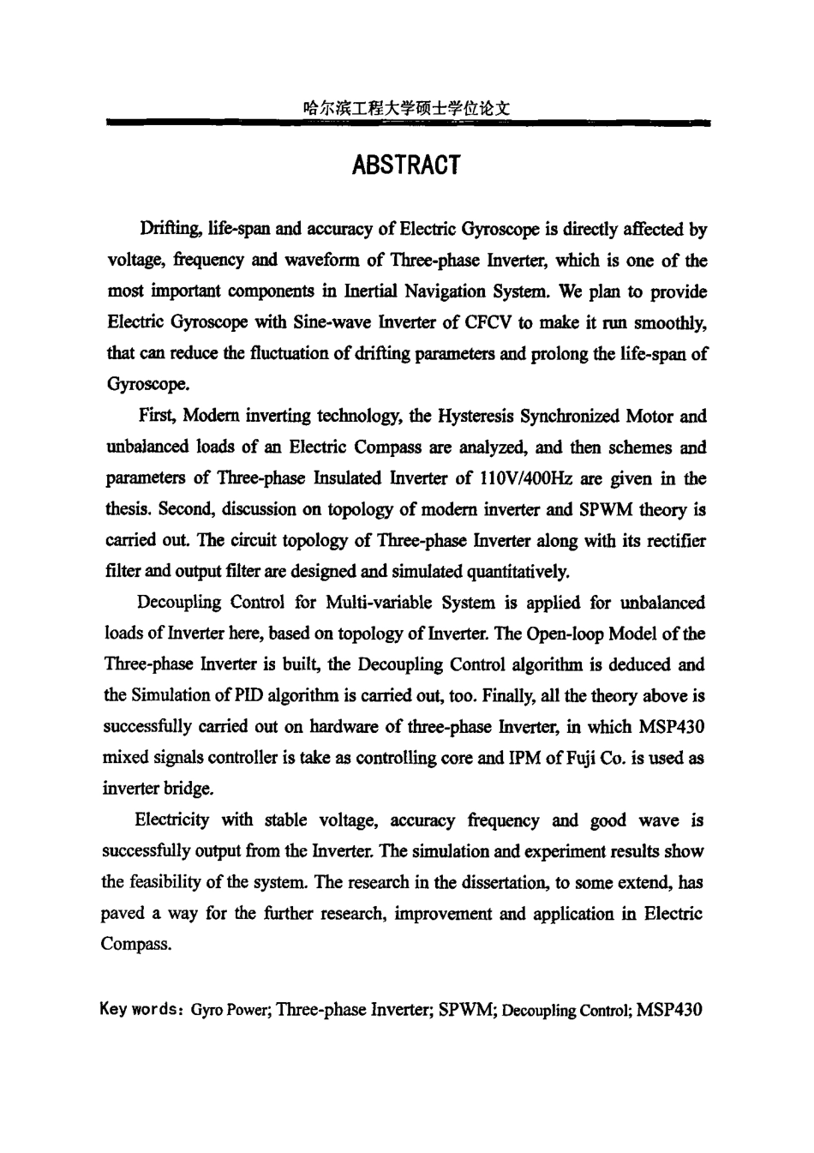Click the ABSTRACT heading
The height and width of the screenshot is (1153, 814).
(x=406, y=165)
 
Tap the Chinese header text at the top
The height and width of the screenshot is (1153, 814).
(x=406, y=109)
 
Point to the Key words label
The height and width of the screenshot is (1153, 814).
(x=141, y=1009)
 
